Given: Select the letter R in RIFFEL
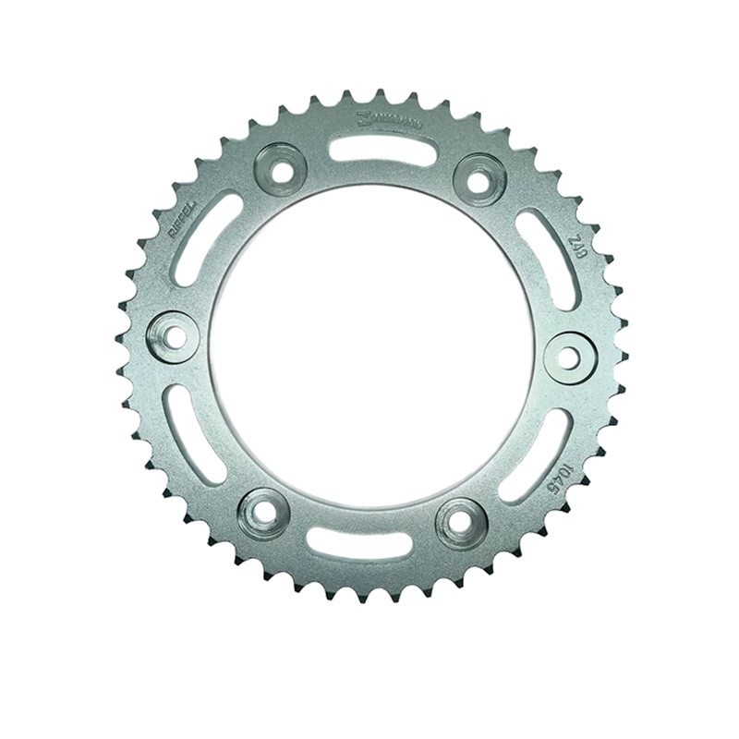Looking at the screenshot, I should click(x=175, y=236).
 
